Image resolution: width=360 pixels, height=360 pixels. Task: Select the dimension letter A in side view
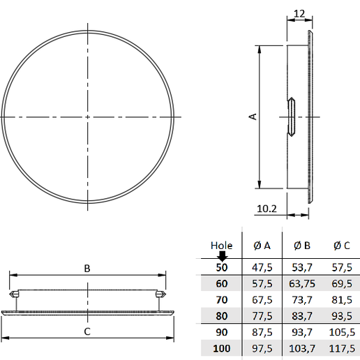[253, 117]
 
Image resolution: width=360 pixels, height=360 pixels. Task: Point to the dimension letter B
[87, 268]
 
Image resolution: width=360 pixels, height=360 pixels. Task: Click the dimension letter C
[87, 332]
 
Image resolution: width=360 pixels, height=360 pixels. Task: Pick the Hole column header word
[221, 245]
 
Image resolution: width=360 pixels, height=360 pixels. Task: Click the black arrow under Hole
[222, 255]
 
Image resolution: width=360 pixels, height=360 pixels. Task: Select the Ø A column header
[262, 245]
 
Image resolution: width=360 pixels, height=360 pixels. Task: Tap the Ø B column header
[301, 245]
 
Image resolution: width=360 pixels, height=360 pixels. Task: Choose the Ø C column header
[342, 245]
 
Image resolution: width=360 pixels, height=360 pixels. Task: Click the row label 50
[222, 267]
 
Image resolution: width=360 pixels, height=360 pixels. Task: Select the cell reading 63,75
[301, 283]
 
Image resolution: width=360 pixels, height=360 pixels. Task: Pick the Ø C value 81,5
[342, 299]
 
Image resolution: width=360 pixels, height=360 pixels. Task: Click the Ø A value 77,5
[262, 315]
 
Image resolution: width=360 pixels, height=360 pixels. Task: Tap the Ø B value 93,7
[301, 331]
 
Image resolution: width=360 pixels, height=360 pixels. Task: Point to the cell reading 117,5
[342, 347]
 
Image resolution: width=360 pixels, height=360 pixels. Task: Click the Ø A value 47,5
[262, 267]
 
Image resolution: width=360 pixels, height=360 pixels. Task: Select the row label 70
[222, 299]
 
